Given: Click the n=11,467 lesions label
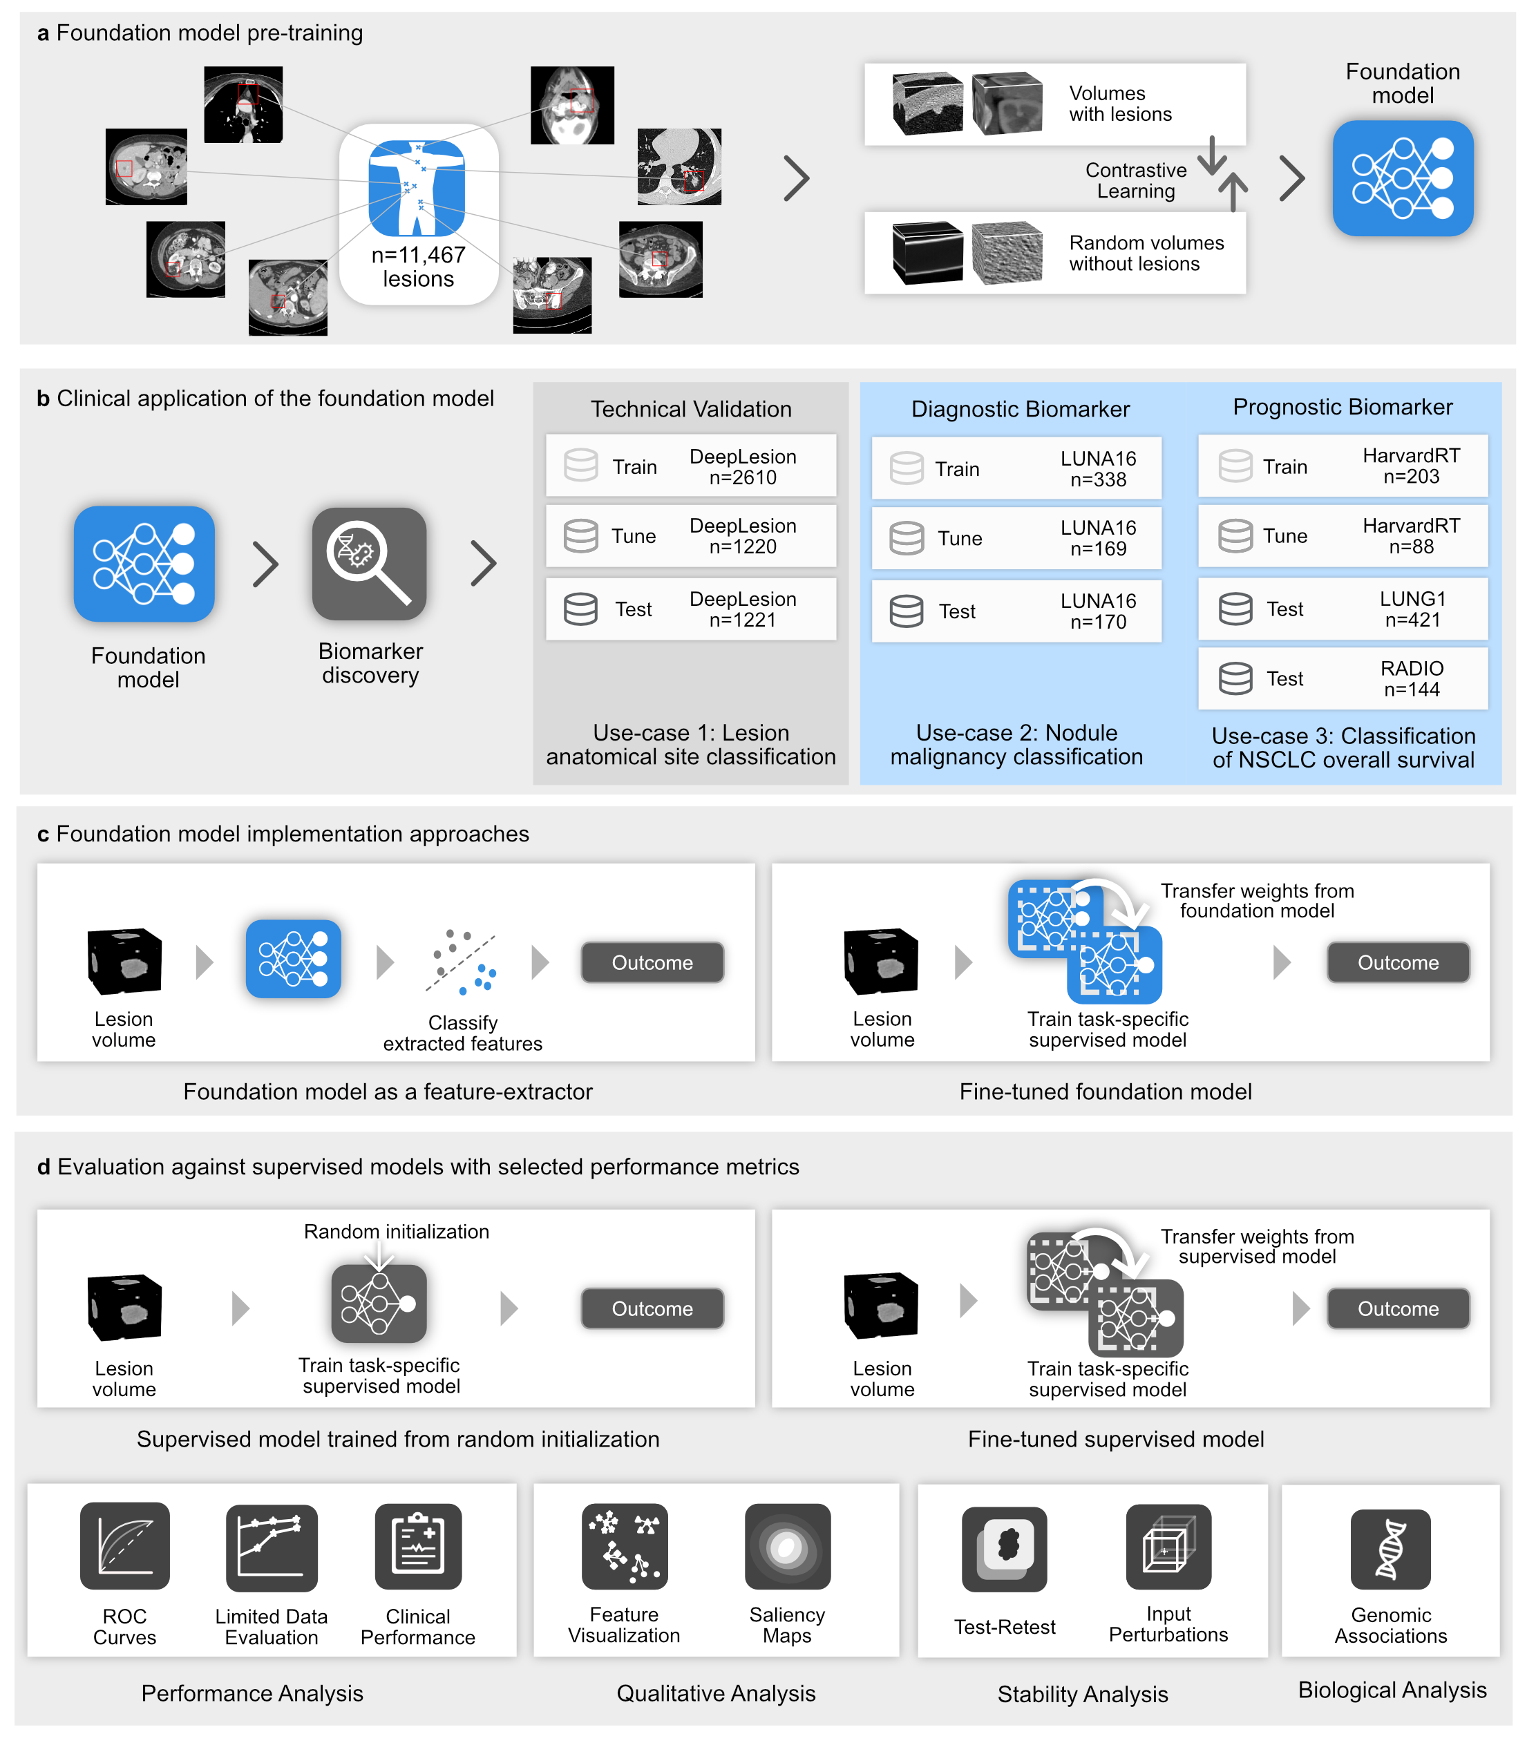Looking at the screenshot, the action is click(418, 267).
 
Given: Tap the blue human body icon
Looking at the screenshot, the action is click(417, 188).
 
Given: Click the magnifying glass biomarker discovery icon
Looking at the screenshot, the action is click(369, 564).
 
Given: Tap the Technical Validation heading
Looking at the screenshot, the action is click(691, 409).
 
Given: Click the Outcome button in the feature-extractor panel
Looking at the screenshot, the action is click(652, 963).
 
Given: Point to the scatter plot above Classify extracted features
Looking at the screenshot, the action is click(462, 963).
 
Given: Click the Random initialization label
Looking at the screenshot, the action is click(396, 1232).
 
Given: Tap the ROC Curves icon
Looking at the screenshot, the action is click(124, 1546).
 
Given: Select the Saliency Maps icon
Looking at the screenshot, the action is click(787, 1546).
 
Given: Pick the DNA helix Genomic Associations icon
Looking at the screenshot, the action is click(1391, 1549).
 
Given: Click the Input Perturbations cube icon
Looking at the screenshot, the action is click(1168, 1546).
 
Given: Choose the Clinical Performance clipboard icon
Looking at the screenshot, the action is click(418, 1546).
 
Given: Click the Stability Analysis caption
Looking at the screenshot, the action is click(1083, 1695).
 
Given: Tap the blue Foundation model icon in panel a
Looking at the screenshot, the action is click(1403, 178).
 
